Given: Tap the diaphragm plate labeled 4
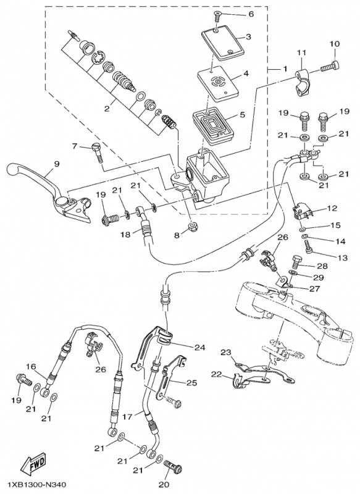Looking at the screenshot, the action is (x=217, y=83).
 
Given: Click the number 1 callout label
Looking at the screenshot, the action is (x=285, y=69).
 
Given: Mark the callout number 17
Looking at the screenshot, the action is (x=127, y=416).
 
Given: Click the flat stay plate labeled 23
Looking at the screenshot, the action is (x=264, y=372).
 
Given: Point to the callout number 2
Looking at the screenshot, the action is (x=107, y=109).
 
